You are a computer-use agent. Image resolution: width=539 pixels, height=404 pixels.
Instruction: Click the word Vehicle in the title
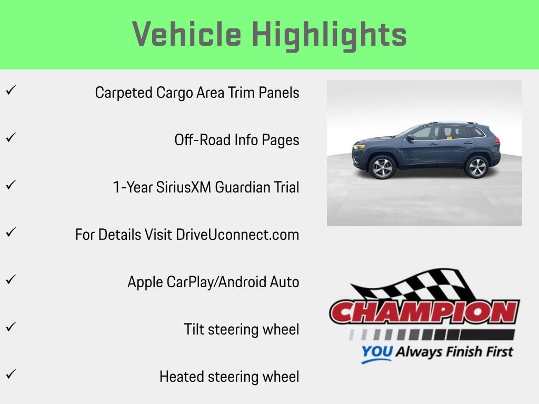coord(187,35)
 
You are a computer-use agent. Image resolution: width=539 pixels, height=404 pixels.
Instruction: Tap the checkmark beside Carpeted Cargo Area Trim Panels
coord(9,90)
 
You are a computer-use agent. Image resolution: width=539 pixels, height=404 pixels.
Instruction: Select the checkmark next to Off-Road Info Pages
coord(9,138)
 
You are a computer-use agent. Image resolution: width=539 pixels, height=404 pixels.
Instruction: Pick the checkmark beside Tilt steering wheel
coord(9,327)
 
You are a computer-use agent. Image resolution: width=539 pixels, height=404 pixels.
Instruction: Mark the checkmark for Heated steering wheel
coord(9,375)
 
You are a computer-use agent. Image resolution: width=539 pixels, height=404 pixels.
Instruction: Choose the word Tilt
coord(194,329)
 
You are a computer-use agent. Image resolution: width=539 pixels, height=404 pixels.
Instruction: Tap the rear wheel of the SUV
coord(476,167)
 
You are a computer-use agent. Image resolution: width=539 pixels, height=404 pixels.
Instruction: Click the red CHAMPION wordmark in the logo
coord(424,312)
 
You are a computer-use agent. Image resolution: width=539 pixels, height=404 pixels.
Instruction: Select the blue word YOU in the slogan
coord(376,352)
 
